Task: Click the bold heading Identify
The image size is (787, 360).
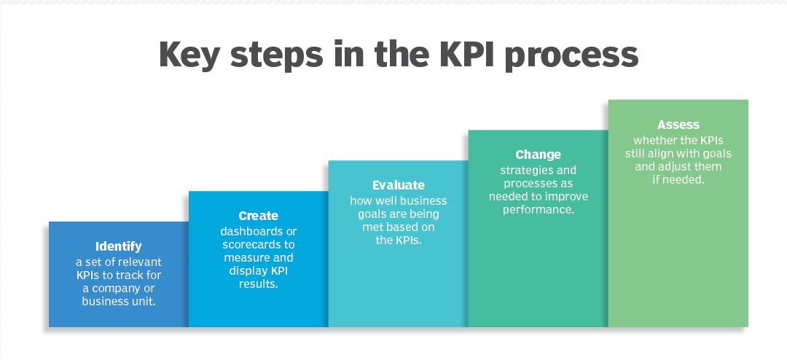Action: pyautogui.click(x=119, y=246)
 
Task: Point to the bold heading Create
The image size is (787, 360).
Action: pyautogui.click(x=259, y=216)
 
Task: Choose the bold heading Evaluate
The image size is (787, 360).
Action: pyautogui.click(x=399, y=185)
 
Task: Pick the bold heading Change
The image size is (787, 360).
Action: pyautogui.click(x=539, y=154)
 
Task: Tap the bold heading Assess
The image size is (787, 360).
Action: pyautogui.click(x=678, y=125)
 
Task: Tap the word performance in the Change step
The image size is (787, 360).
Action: pyautogui.click(x=538, y=210)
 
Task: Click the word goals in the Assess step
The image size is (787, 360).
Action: pyautogui.click(x=716, y=153)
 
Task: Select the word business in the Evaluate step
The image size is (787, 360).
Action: pyautogui.click(x=425, y=200)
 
